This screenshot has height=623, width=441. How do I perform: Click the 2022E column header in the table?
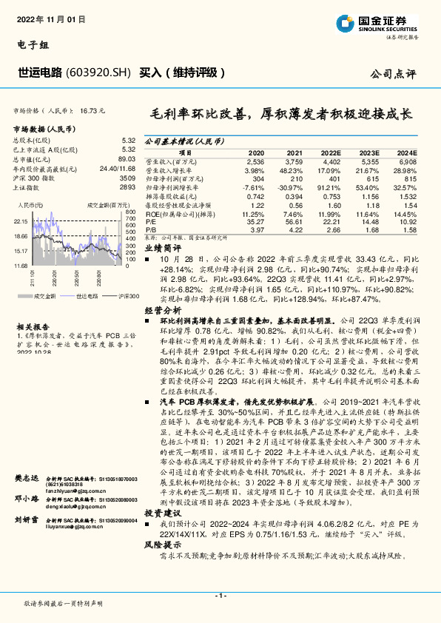click(331, 152)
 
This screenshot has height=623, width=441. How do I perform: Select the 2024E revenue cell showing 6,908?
click(408, 161)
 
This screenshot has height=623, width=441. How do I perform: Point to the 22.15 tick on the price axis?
click(20, 220)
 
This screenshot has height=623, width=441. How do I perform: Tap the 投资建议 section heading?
click(162, 511)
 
